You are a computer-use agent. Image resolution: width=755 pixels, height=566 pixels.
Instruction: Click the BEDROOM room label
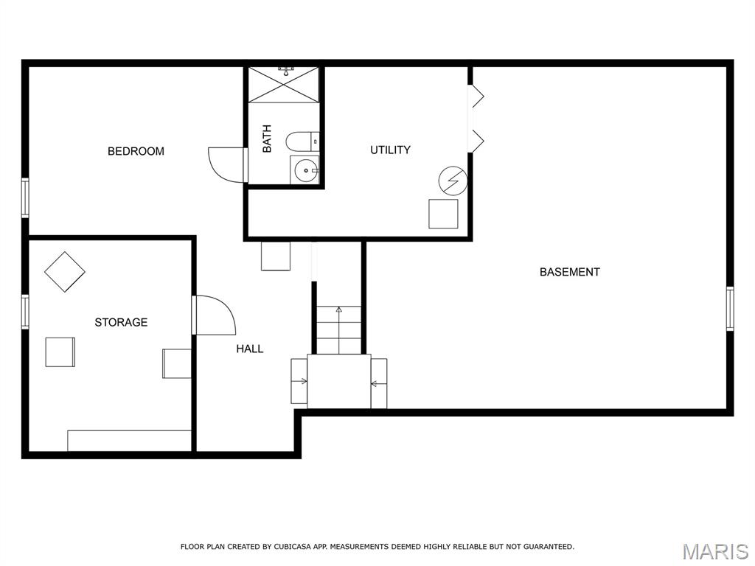(x=136, y=151)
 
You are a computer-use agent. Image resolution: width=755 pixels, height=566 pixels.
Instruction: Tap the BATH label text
(x=267, y=139)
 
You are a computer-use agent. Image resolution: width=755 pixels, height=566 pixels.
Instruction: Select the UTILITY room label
(x=390, y=150)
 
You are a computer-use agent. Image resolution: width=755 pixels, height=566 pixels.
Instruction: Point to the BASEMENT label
(x=570, y=272)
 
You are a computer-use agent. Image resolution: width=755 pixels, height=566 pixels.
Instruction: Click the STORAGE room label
(x=121, y=323)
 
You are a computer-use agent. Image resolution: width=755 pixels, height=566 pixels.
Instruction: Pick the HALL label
(x=249, y=349)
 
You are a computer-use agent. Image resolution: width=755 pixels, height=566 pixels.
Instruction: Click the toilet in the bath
(x=302, y=141)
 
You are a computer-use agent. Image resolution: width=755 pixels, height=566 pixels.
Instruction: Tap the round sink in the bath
(x=305, y=171)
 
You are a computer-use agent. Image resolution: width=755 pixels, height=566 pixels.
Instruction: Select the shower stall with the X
(x=284, y=85)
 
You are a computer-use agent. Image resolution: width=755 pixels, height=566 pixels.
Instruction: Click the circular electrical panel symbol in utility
(x=453, y=181)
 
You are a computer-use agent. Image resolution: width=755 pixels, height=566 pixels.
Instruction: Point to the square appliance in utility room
(x=443, y=214)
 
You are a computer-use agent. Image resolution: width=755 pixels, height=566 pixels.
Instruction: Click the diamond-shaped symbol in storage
(x=65, y=272)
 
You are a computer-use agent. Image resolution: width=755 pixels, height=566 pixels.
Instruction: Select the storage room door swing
(x=226, y=308)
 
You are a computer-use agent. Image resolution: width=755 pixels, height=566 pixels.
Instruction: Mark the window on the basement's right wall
(x=730, y=309)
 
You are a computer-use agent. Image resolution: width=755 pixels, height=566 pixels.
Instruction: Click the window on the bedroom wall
(x=25, y=198)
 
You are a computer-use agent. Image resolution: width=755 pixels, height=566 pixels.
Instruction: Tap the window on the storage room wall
(x=25, y=312)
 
